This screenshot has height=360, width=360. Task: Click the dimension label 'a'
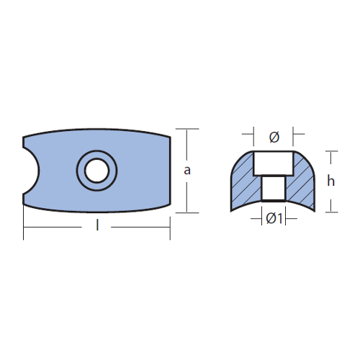click(187, 171)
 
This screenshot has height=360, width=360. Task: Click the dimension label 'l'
click(97, 225)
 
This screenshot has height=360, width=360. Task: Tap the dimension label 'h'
click(330, 181)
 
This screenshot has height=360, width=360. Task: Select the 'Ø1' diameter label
click(274, 219)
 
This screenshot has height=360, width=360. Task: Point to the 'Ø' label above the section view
click(274, 138)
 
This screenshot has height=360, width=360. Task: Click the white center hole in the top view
click(96, 171)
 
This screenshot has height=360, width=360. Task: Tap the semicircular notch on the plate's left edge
click(31, 171)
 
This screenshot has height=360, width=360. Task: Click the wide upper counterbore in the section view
click(274, 163)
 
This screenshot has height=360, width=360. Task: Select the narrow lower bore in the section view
click(274, 188)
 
